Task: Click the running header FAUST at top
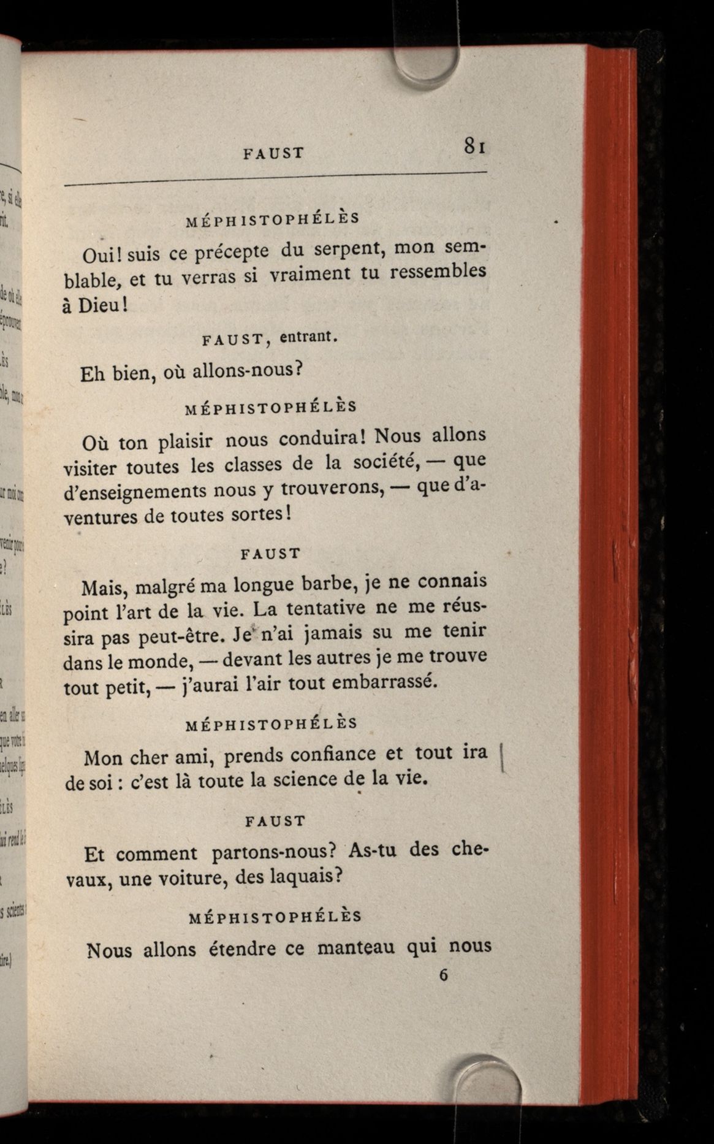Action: (x=273, y=153)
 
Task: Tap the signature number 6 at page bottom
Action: (x=444, y=975)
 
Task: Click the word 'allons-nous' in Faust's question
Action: (x=243, y=370)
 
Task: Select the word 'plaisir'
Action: (x=184, y=441)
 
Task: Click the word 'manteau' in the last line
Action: (x=357, y=948)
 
